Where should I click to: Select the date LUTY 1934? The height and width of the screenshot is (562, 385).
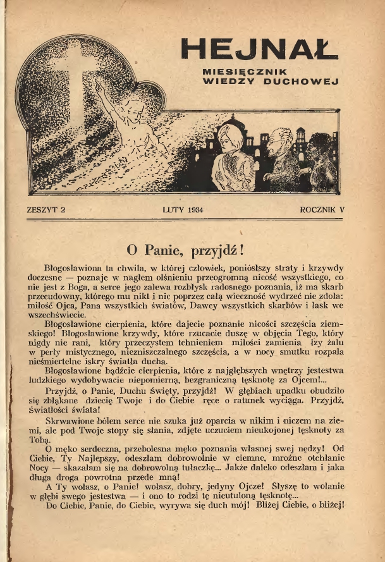[186, 209]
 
